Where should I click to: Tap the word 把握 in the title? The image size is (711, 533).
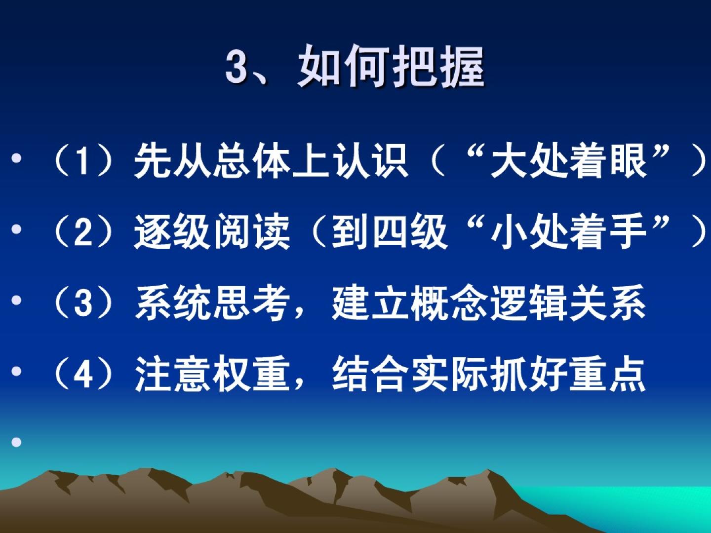pyautogui.click(x=438, y=66)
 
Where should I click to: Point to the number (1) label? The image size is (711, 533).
pyautogui.click(x=82, y=160)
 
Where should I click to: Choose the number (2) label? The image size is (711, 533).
pyautogui.click(x=82, y=232)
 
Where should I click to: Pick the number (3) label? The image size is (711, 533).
pyautogui.click(x=82, y=303)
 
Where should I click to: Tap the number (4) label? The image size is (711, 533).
pyautogui.click(x=82, y=374)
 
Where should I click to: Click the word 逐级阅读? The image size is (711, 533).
pyautogui.click(x=212, y=232)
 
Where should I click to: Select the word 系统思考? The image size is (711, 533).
pyautogui.click(x=212, y=303)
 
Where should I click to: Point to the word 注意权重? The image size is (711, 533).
pyautogui.click(x=212, y=374)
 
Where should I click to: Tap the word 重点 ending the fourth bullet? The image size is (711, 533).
pyautogui.click(x=607, y=374)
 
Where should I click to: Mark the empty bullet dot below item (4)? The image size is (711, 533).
pyautogui.click(x=16, y=442)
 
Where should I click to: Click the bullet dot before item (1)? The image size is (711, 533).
pyautogui.click(x=16, y=158)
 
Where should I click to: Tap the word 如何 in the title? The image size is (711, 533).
pyautogui.click(x=343, y=66)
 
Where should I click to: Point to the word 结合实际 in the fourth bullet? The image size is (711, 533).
pyautogui.click(x=410, y=374)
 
